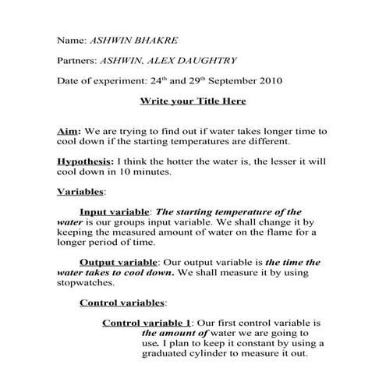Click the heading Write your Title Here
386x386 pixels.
pyautogui.click(x=193, y=101)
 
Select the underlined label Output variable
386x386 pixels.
pyautogui.click(x=119, y=263)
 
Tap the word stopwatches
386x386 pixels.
pyautogui.click(x=86, y=283)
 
